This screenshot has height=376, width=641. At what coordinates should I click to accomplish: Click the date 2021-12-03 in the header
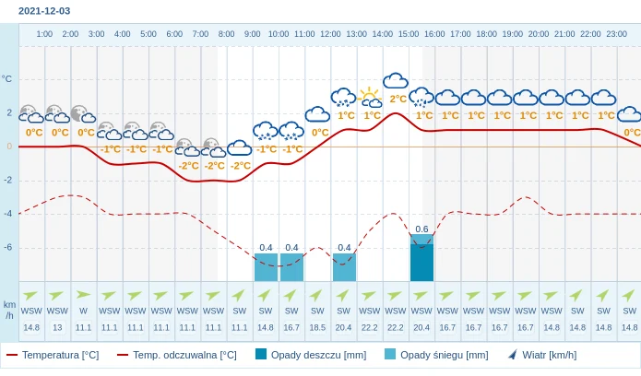[44, 11]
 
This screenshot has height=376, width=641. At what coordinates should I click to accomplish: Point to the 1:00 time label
[44, 34]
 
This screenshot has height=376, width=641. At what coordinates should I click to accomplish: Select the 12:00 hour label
[330, 34]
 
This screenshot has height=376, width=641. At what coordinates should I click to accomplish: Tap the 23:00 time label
[617, 34]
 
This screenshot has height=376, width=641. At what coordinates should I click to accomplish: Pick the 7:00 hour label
[200, 34]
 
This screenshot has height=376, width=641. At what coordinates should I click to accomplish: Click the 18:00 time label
[486, 34]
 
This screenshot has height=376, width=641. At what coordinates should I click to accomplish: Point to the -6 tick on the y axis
[8, 247]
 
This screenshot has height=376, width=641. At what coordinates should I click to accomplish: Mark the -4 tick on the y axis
[8, 213]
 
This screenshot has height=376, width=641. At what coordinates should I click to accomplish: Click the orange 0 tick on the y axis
[9, 146]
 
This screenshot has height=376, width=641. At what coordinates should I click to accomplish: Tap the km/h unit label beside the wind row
[9, 310]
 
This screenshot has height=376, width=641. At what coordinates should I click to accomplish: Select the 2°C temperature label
[398, 99]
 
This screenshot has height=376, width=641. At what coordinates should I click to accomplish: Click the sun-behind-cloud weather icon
[370, 97]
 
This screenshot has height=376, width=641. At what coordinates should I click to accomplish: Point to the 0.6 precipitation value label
[421, 229]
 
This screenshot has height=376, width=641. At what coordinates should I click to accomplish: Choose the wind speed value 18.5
[317, 327]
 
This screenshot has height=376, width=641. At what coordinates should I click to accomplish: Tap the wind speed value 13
[57, 327]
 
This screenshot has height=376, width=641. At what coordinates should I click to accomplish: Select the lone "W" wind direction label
[83, 311]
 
